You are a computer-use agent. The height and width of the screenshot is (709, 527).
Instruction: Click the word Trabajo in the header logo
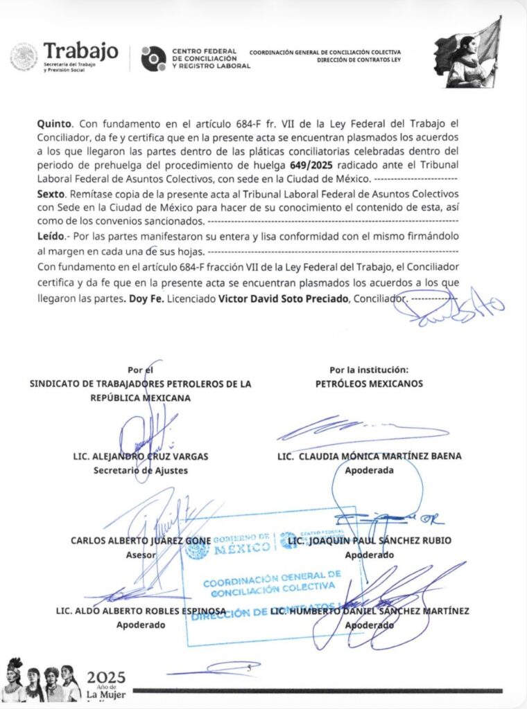[x=81, y=51]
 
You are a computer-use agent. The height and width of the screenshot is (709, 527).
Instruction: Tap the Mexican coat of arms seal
[x=24, y=57]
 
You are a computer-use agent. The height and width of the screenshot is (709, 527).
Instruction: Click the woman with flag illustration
[x=469, y=53]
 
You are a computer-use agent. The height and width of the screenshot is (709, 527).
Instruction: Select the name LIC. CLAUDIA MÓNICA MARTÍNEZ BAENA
[x=369, y=456]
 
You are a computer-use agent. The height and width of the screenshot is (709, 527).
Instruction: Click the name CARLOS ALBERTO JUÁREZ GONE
[x=140, y=541]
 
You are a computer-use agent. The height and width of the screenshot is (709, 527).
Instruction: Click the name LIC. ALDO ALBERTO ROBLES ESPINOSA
[x=141, y=611]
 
